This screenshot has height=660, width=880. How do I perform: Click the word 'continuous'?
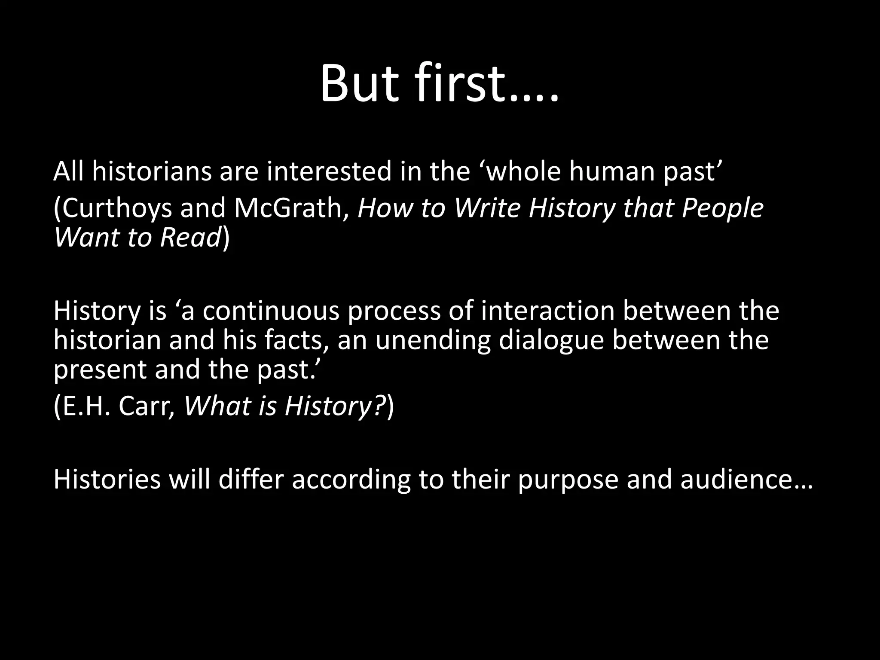tap(271, 311)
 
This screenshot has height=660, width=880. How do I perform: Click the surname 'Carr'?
tap(145, 406)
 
